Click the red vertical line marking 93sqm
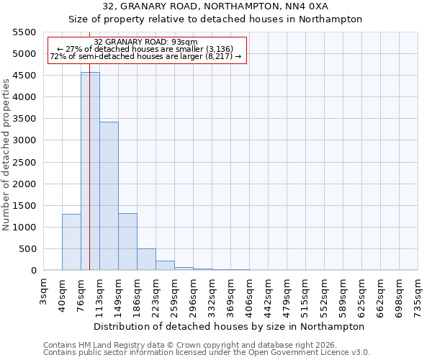click(x=89, y=180)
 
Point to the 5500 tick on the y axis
click(x=23, y=32)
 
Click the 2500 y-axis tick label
click(x=23, y=163)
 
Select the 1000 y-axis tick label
click(x=23, y=228)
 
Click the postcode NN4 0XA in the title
click(x=307, y=6)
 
